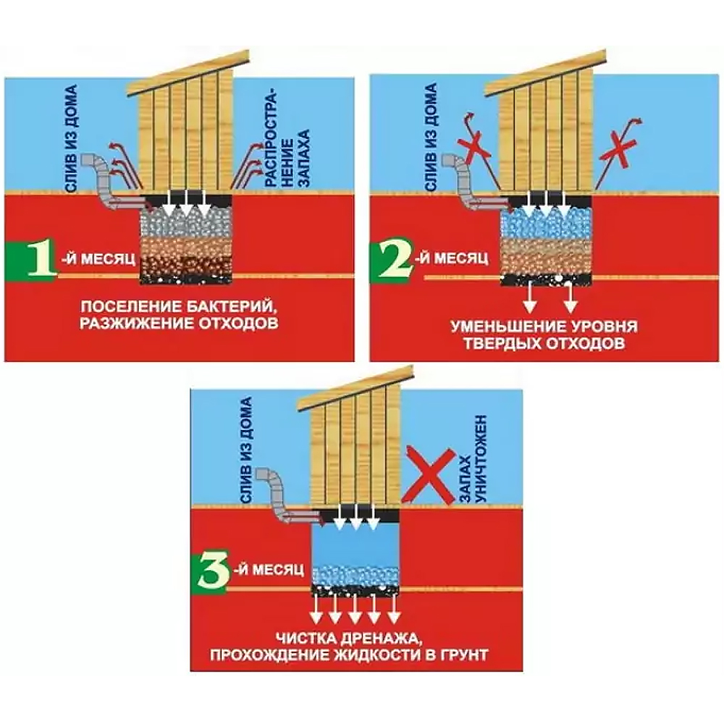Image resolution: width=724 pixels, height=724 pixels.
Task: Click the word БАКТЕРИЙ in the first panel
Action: point(230,306)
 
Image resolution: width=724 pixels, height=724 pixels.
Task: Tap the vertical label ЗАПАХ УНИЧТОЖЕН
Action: point(473,458)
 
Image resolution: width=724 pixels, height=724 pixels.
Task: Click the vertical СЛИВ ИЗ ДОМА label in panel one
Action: point(71,138)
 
